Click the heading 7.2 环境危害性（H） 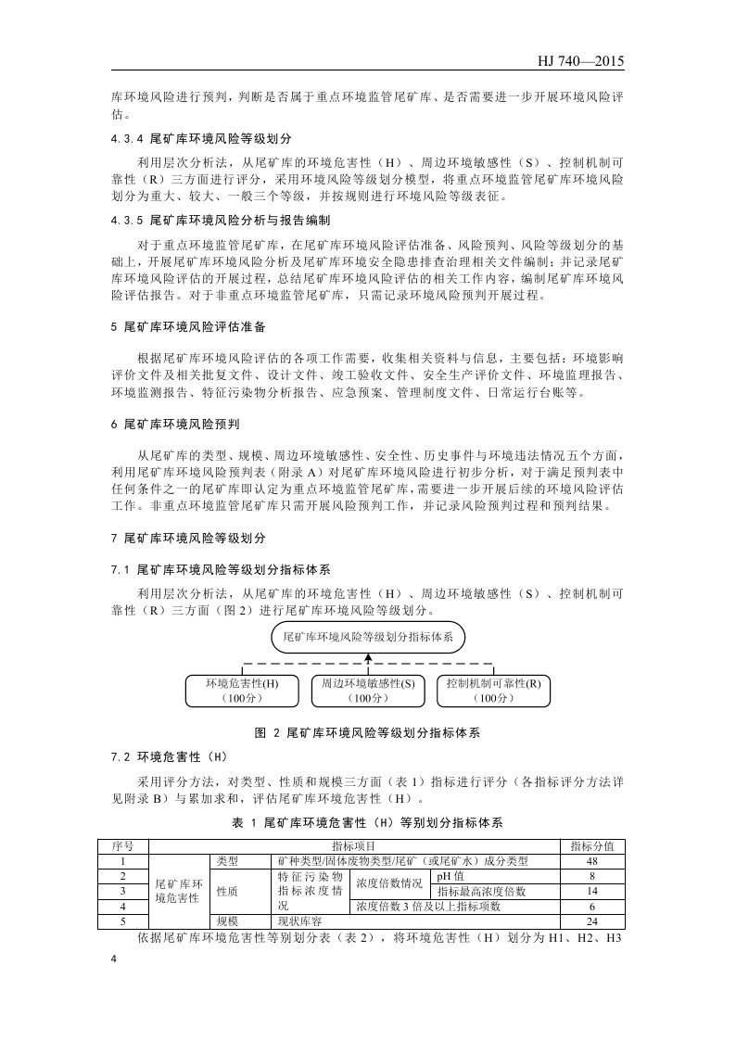tap(162, 756)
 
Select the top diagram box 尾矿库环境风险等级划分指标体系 tap(367, 638)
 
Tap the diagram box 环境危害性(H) tap(241, 691)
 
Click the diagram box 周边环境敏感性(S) tap(368, 691)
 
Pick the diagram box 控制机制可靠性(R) tap(492, 691)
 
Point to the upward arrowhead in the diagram tap(368, 657)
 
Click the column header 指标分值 tap(591, 846)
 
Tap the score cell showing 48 tap(591, 861)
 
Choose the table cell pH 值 tap(451, 876)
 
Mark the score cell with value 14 tap(591, 891)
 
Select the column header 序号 tap(123, 846)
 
